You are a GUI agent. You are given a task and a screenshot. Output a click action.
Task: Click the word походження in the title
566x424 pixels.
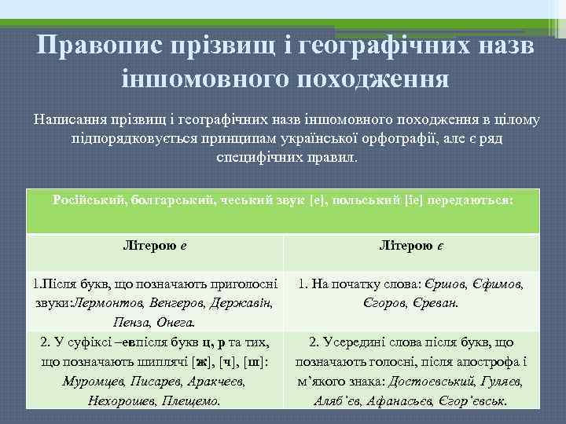click(x=361, y=79)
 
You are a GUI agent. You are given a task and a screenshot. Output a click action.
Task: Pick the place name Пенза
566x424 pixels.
click(x=130, y=322)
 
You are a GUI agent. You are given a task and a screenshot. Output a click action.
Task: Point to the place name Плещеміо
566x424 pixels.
click(x=190, y=400)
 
